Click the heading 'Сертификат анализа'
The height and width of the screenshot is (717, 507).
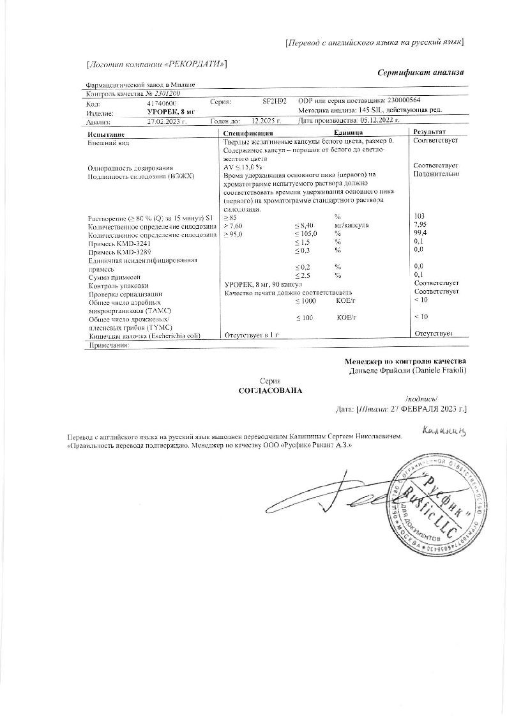point(420,72)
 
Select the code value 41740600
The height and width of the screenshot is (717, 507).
point(162,103)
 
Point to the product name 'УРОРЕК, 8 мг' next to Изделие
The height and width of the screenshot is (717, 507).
point(167,111)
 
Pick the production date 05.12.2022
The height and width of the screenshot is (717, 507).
point(379,119)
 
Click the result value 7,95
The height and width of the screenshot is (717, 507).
point(420,226)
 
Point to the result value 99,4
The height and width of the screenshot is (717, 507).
point(420,234)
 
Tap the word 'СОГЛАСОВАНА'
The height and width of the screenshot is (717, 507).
point(269,390)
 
